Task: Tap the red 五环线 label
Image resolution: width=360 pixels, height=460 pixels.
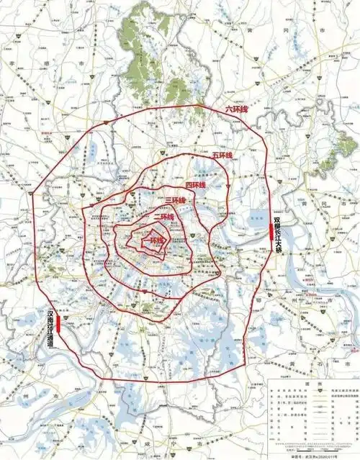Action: click(x=222, y=155)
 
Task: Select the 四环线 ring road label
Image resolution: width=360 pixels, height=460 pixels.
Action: click(x=195, y=185)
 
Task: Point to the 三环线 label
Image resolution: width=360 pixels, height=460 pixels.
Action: click(x=175, y=201)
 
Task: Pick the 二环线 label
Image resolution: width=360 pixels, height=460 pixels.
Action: click(x=163, y=217)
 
